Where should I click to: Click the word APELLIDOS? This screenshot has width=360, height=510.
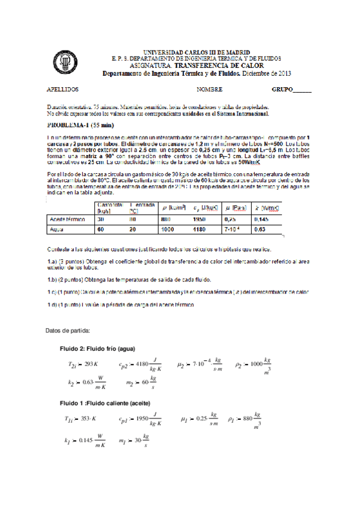click(x=63, y=89)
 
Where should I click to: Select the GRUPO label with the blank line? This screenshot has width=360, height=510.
click(x=291, y=89)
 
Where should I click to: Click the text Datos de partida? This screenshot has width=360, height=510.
click(x=68, y=330)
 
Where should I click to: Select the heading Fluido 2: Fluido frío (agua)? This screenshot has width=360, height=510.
click(x=97, y=349)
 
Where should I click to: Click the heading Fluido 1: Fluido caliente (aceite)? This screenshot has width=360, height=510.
click(x=105, y=402)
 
